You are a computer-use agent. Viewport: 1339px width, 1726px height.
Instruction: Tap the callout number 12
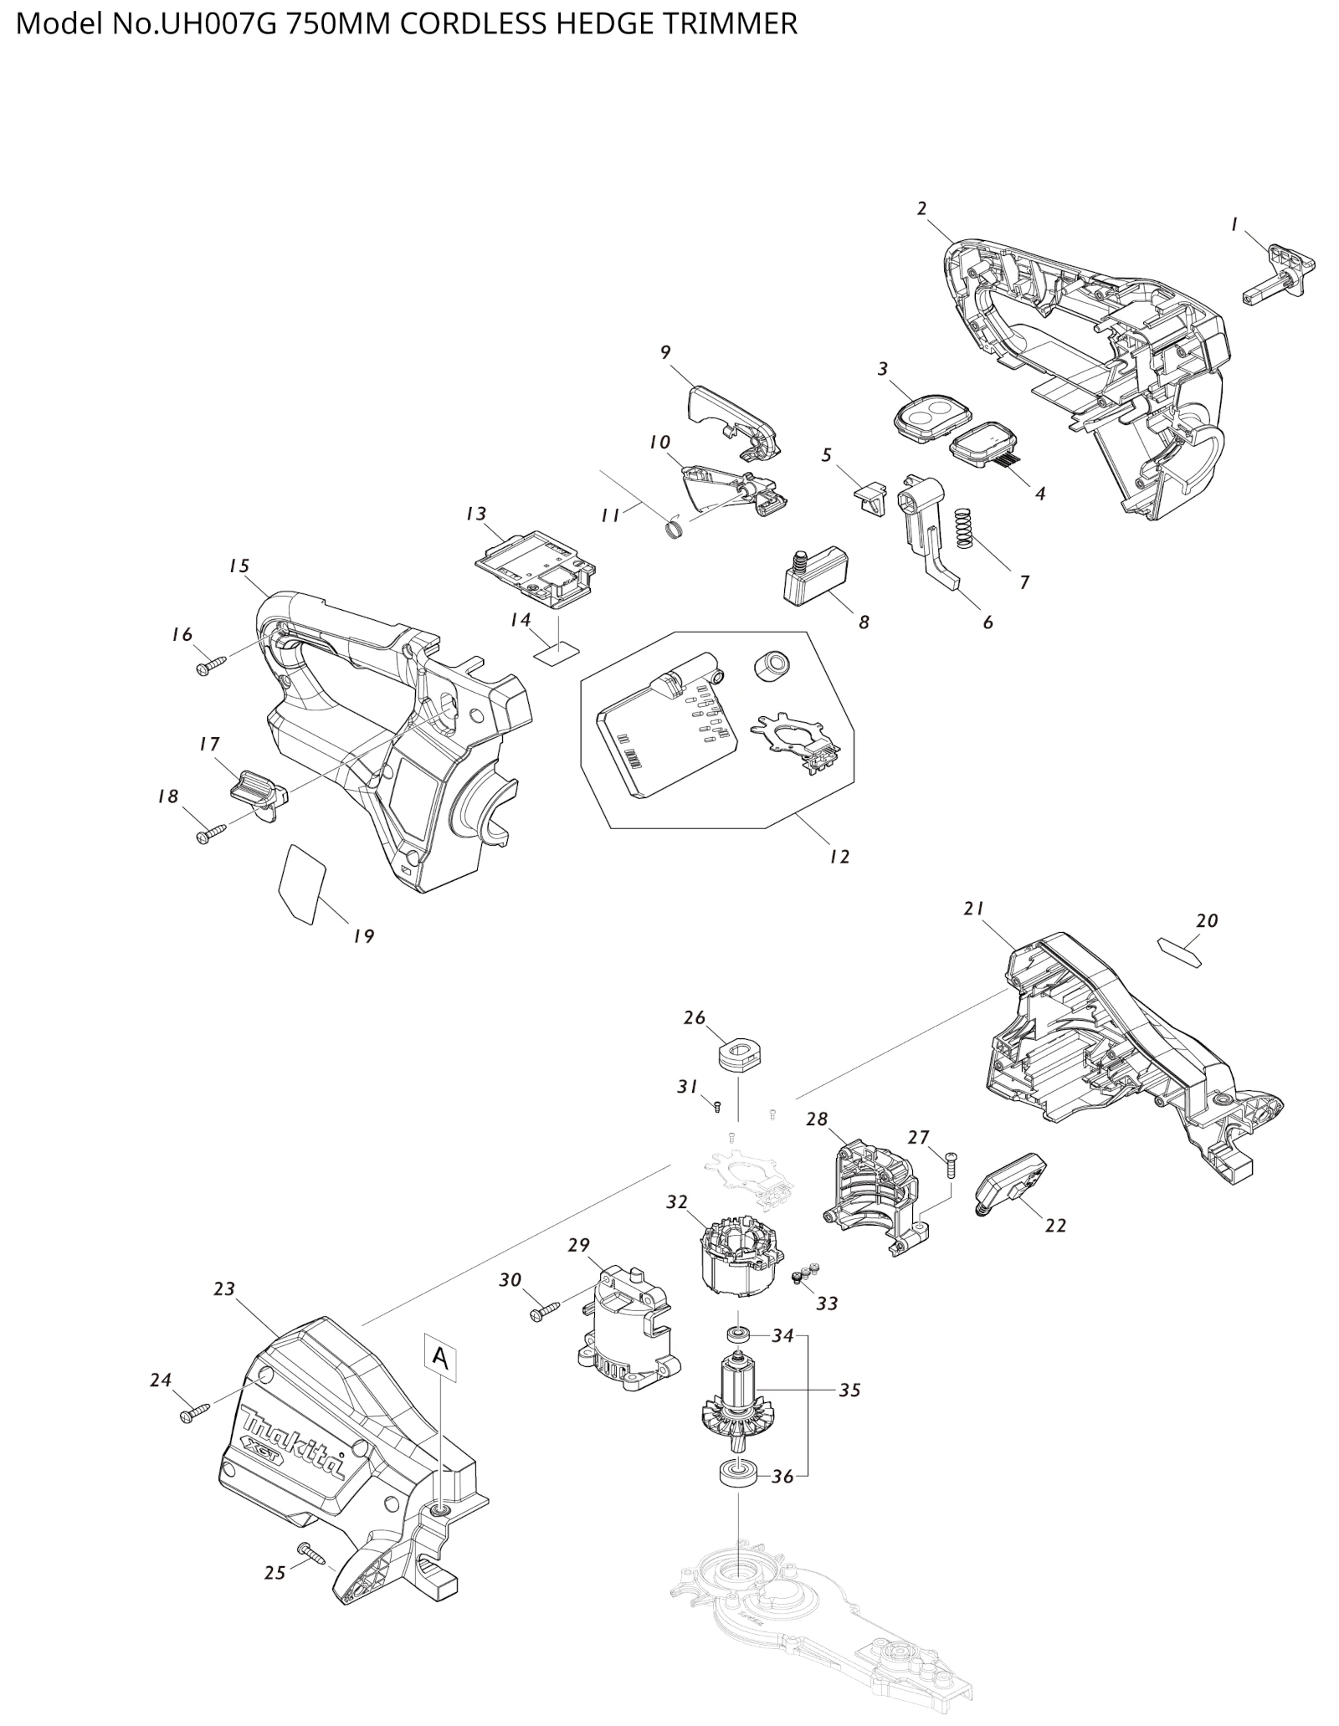839,856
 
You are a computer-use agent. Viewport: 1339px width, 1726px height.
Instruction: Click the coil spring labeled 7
965,528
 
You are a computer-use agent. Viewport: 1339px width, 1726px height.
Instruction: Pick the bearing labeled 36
738,1494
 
